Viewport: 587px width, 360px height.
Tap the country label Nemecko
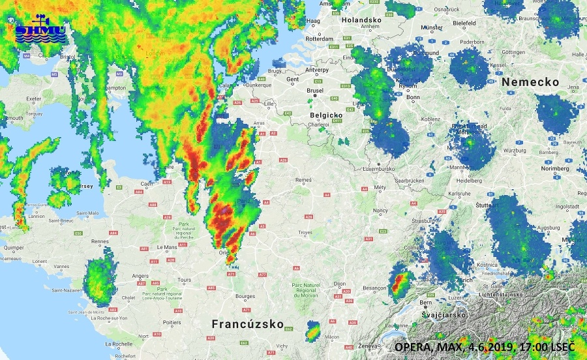click(531, 82)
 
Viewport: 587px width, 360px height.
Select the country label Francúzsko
click(247, 324)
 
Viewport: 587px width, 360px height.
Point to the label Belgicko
click(328, 114)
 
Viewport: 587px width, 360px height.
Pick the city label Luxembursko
click(378, 168)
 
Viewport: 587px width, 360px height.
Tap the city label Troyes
click(306, 232)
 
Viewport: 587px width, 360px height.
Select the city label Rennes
click(100, 241)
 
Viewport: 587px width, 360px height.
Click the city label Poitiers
click(172, 322)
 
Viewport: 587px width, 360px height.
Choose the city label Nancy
click(380, 211)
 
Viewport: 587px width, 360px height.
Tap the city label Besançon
click(374, 288)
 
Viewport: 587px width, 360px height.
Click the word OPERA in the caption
click(412, 347)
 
